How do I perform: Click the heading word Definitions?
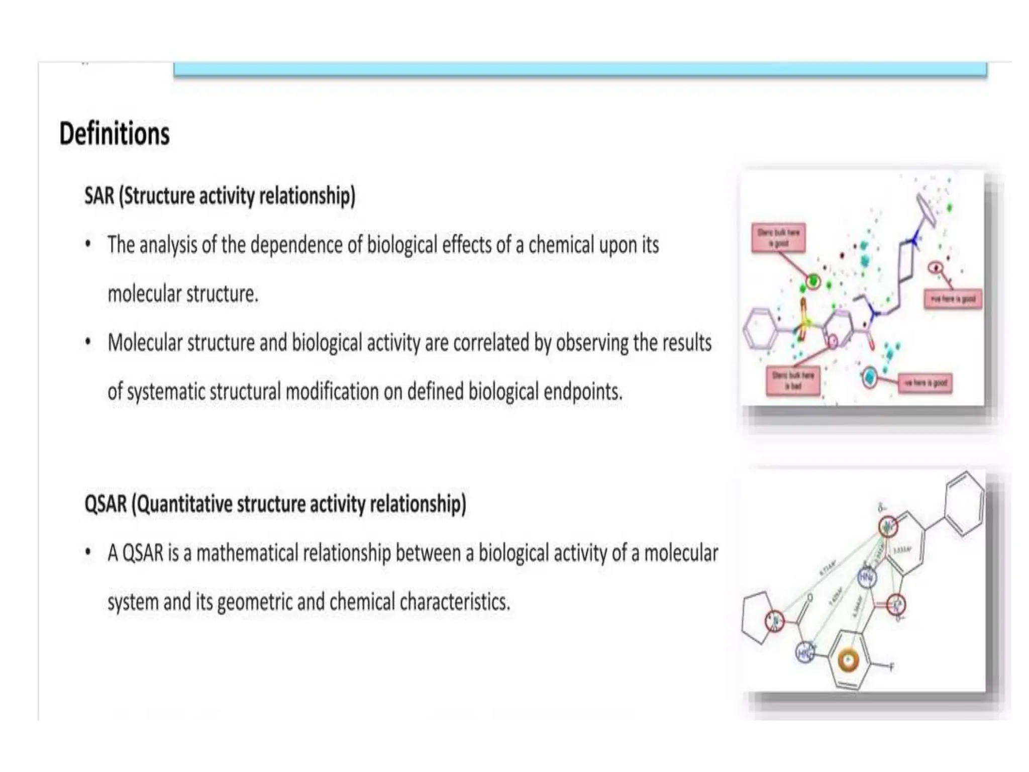pos(115,134)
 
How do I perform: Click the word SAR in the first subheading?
pos(99,196)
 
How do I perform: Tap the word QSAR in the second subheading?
pos(106,504)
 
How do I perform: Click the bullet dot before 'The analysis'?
pos(88,245)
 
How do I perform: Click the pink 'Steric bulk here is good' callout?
pos(778,238)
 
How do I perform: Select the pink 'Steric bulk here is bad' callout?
pos(793,381)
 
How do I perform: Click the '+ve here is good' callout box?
pos(953,299)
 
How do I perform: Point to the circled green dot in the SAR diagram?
pos(813,280)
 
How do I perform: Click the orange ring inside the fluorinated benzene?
pos(848,660)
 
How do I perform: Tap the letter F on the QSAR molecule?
pos(892,667)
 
